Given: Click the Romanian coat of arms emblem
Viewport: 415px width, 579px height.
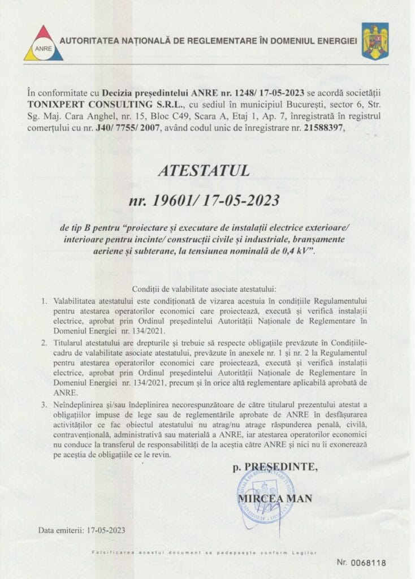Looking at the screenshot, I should pos(375,41).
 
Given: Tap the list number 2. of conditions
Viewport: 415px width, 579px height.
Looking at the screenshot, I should pos(44,343).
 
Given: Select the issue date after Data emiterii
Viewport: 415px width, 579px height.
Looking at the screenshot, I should pos(106,531).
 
